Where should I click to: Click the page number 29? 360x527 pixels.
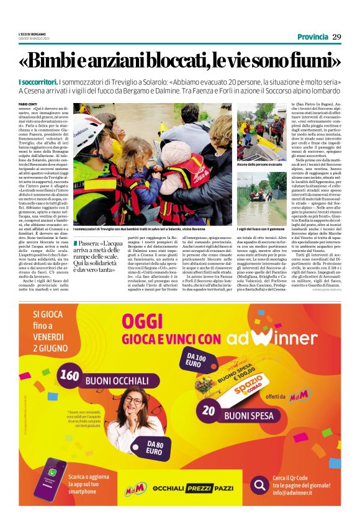click(x=337, y=37)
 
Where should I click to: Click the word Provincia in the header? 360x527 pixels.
click(x=312, y=37)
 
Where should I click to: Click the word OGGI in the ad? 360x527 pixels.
click(x=145, y=321)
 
